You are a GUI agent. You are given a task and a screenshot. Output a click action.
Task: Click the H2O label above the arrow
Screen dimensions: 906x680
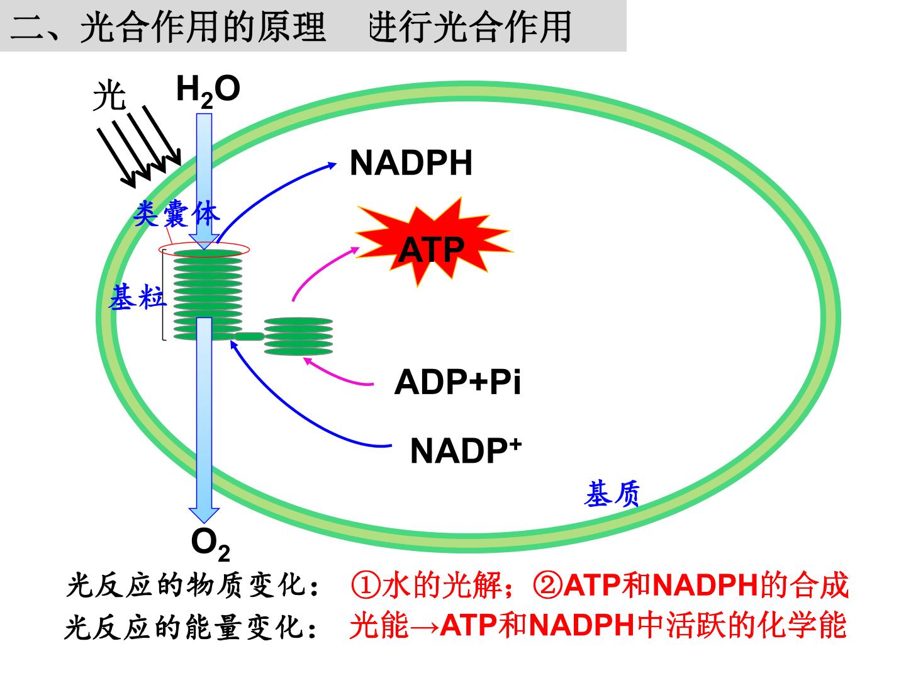pos(208,91)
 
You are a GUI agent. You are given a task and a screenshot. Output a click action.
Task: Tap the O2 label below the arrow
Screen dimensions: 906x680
pos(210,545)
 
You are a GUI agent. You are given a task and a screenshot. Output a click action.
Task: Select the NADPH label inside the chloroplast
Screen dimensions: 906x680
pos(411,163)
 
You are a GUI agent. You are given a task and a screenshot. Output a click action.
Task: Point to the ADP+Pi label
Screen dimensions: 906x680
pos(457,382)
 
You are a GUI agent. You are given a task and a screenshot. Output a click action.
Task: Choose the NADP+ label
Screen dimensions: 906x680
pos(466,450)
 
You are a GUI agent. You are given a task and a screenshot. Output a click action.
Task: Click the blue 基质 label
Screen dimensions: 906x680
pos(612,494)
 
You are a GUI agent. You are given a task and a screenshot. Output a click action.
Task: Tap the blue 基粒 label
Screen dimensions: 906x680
pos(137,297)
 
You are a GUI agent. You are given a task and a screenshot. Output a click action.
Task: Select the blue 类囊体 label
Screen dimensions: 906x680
pos(176,213)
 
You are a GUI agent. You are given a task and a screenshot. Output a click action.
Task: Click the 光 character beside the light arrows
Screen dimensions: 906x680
pos(109,96)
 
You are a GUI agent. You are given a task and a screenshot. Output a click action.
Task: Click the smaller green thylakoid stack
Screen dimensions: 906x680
pos(298,336)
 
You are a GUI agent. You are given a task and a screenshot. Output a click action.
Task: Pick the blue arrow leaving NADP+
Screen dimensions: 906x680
pos(297,417)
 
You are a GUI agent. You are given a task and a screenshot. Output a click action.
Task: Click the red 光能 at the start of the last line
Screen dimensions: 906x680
pos(379,626)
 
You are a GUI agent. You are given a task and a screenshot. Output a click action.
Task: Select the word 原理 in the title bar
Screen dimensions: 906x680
pos(292,27)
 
